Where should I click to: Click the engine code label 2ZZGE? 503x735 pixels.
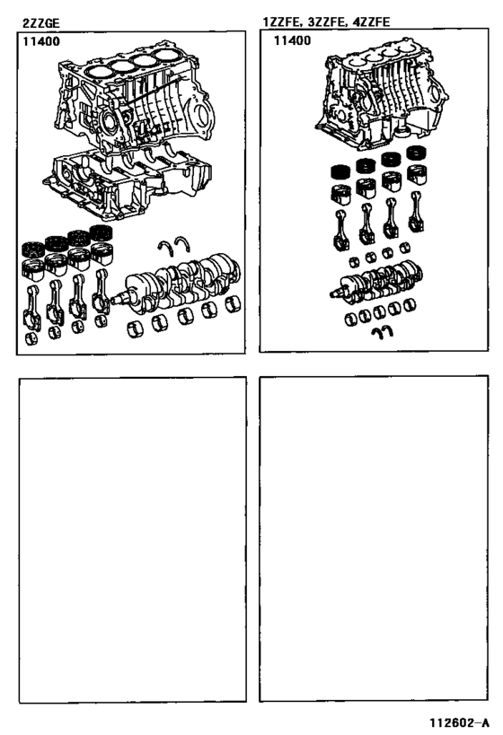[x=40, y=23]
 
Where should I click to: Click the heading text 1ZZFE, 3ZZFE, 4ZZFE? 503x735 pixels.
[x=327, y=22]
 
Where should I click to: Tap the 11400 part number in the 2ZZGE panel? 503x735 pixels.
[x=41, y=41]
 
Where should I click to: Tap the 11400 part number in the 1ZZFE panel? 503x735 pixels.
[x=292, y=40]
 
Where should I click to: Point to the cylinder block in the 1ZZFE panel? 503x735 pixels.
[x=382, y=95]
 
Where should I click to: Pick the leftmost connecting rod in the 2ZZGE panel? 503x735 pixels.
[x=32, y=307]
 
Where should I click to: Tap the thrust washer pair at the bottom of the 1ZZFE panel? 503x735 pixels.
[x=383, y=331]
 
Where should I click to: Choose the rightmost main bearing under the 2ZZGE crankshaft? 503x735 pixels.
[x=233, y=303]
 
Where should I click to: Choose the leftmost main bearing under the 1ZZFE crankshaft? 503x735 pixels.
[x=351, y=319]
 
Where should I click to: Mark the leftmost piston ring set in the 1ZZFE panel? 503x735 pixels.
[x=341, y=171]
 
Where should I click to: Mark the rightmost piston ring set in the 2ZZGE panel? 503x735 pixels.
[x=101, y=233]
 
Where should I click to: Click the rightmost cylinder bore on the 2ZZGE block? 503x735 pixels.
[x=169, y=56]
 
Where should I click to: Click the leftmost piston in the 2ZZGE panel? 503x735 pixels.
[x=33, y=270]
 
